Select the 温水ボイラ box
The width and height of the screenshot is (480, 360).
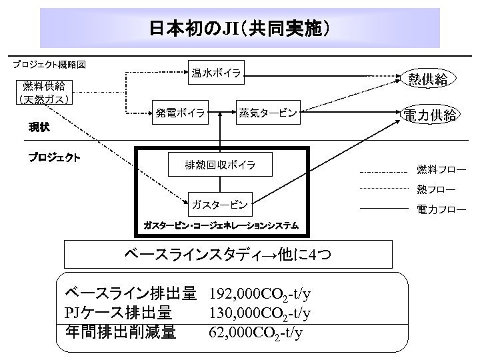(217, 73)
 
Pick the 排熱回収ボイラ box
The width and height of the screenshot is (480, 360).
(220, 164)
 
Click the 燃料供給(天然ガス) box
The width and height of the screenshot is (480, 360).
(44, 93)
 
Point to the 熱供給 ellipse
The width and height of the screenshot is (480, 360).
(427, 80)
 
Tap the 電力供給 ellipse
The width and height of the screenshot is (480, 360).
(429, 115)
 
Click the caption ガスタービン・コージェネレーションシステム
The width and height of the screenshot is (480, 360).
(221, 225)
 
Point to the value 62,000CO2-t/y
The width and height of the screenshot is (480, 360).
(255, 331)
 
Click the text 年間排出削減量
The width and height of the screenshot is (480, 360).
(121, 331)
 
